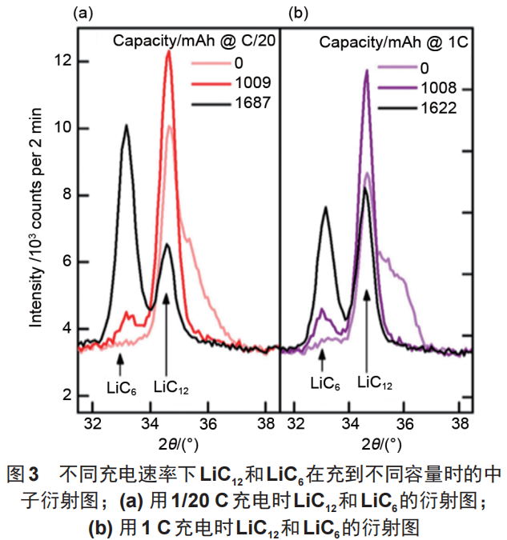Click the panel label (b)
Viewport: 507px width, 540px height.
click(x=296, y=13)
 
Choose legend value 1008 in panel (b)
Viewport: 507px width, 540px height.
click(x=437, y=89)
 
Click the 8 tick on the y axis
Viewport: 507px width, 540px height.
click(x=66, y=195)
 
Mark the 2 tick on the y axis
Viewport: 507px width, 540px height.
click(x=66, y=395)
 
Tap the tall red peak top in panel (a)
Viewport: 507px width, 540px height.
click(x=169, y=53)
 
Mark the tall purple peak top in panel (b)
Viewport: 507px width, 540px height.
click(x=367, y=71)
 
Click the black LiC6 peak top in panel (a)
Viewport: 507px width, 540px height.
click(x=126, y=126)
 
